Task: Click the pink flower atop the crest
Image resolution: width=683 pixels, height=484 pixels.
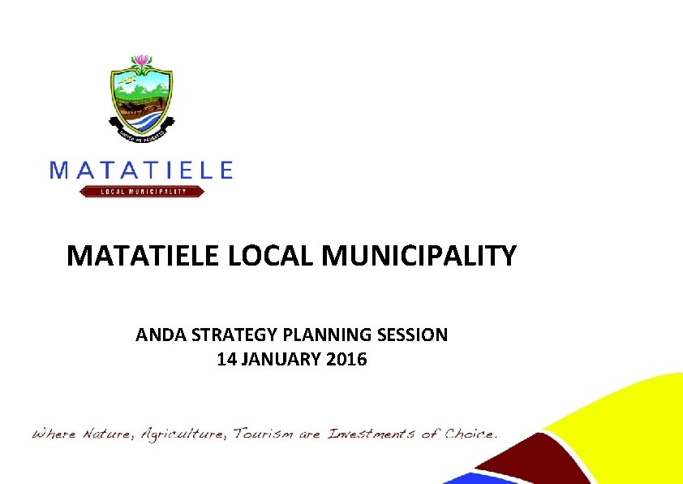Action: [142, 62]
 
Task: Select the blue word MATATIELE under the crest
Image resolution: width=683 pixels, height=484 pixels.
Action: [141, 169]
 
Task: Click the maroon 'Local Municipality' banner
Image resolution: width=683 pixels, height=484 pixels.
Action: [142, 192]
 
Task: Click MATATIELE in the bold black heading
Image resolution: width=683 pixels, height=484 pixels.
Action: [144, 257]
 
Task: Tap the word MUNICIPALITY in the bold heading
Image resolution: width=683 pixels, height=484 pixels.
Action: [419, 257]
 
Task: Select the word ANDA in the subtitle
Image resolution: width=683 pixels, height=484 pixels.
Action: [158, 335]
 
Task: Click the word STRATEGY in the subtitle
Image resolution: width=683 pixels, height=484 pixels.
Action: [229, 335]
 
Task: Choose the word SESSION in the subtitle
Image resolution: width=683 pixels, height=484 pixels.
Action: [414, 335]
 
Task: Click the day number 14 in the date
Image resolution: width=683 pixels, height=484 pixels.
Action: [226, 359]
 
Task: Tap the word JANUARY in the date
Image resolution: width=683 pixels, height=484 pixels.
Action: [281, 359]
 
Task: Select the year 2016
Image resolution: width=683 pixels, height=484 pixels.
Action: [346, 359]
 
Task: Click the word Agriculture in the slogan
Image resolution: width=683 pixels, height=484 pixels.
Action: [183, 434]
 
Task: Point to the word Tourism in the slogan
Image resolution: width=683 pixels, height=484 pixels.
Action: [264, 434]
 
